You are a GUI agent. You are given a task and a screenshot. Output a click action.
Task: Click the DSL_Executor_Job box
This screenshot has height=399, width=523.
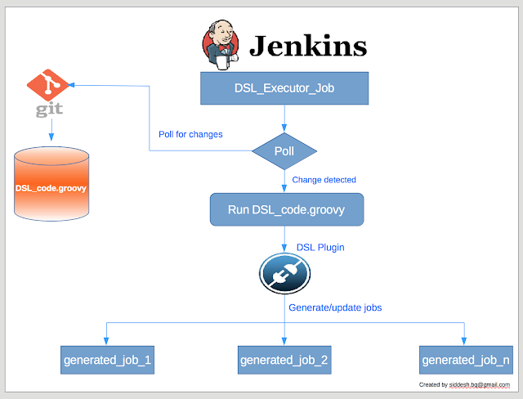(284, 88)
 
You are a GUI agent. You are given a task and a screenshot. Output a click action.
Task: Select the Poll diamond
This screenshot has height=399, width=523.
(284, 151)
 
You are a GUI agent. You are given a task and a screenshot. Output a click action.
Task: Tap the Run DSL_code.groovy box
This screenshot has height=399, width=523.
(286, 209)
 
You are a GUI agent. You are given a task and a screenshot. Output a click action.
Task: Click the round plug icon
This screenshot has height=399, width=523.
(284, 273)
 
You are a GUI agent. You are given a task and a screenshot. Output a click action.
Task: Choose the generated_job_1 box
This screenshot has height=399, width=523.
(107, 359)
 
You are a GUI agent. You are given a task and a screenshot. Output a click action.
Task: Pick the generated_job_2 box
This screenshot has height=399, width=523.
(284, 359)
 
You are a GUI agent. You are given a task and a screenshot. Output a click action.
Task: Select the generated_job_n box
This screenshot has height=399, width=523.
(466, 359)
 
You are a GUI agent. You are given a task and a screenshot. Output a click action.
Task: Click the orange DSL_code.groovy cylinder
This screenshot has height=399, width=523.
(51, 187)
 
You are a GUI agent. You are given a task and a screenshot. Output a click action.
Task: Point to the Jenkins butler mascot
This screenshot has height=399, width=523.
(220, 46)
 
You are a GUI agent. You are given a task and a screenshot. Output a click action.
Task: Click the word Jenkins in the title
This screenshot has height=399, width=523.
(307, 47)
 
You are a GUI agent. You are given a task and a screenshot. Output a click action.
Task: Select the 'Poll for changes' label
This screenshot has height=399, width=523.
(190, 134)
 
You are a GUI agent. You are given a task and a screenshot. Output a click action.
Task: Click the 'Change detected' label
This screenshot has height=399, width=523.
(324, 179)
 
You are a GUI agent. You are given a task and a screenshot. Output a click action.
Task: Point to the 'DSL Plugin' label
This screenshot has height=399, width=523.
(321, 246)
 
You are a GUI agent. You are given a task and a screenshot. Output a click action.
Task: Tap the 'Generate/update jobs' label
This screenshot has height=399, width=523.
(335, 307)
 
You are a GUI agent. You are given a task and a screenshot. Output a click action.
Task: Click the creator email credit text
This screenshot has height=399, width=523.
(464, 384)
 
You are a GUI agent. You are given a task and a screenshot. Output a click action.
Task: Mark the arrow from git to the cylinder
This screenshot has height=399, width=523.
(51, 129)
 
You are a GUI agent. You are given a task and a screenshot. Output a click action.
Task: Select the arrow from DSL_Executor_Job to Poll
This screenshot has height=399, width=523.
(284, 118)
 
